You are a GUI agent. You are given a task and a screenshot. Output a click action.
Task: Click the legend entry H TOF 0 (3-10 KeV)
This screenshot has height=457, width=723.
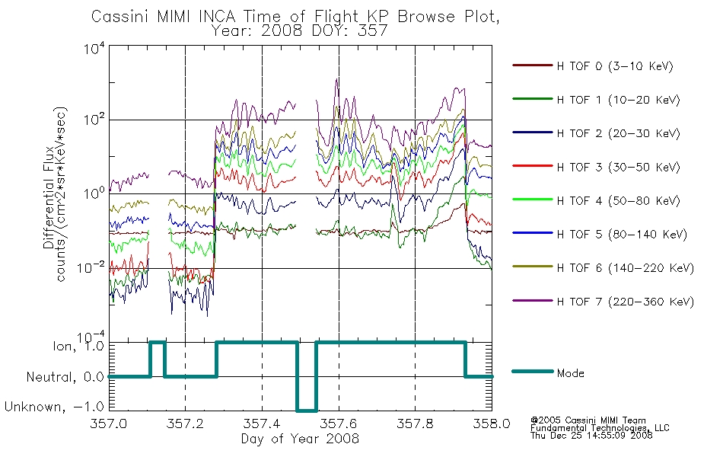[615, 66]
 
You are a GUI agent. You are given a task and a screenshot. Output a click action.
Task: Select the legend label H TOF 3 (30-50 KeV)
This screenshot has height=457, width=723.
[618, 167]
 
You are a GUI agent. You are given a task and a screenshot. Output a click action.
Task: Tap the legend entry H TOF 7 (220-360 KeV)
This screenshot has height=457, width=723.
[626, 302]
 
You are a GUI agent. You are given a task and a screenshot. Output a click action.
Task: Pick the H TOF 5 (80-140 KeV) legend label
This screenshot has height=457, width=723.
[622, 235]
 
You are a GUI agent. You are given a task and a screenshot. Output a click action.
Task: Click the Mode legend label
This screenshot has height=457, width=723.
[570, 373]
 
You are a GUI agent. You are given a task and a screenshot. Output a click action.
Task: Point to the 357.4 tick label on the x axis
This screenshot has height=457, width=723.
[262, 423]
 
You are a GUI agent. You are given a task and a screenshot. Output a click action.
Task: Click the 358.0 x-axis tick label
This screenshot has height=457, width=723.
[492, 423]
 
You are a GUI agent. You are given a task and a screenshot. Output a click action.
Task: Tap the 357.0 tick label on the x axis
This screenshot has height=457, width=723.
[109, 423]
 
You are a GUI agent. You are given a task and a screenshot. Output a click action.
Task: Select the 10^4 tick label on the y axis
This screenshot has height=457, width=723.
[94, 48]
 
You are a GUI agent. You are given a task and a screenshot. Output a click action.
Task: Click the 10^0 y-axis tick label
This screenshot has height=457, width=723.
[94, 193]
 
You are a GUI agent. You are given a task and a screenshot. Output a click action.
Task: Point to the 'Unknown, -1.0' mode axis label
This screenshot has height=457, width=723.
[54, 407]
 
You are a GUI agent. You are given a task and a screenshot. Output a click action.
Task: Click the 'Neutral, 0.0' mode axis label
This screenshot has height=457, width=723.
[65, 377]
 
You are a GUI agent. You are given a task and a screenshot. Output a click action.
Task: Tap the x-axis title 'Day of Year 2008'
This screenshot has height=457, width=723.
[300, 439]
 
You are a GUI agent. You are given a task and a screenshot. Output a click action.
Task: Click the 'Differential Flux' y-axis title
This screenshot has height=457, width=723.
[49, 198]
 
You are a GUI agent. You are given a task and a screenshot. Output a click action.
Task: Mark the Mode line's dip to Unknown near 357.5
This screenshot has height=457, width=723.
[307, 411]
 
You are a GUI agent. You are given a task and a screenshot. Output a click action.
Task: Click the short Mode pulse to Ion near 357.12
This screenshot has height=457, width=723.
[158, 343]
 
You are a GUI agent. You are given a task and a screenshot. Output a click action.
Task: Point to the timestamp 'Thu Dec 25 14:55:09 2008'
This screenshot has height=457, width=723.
[591, 436]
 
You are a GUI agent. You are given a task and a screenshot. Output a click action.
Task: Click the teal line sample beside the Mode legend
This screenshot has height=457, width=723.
[533, 372]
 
